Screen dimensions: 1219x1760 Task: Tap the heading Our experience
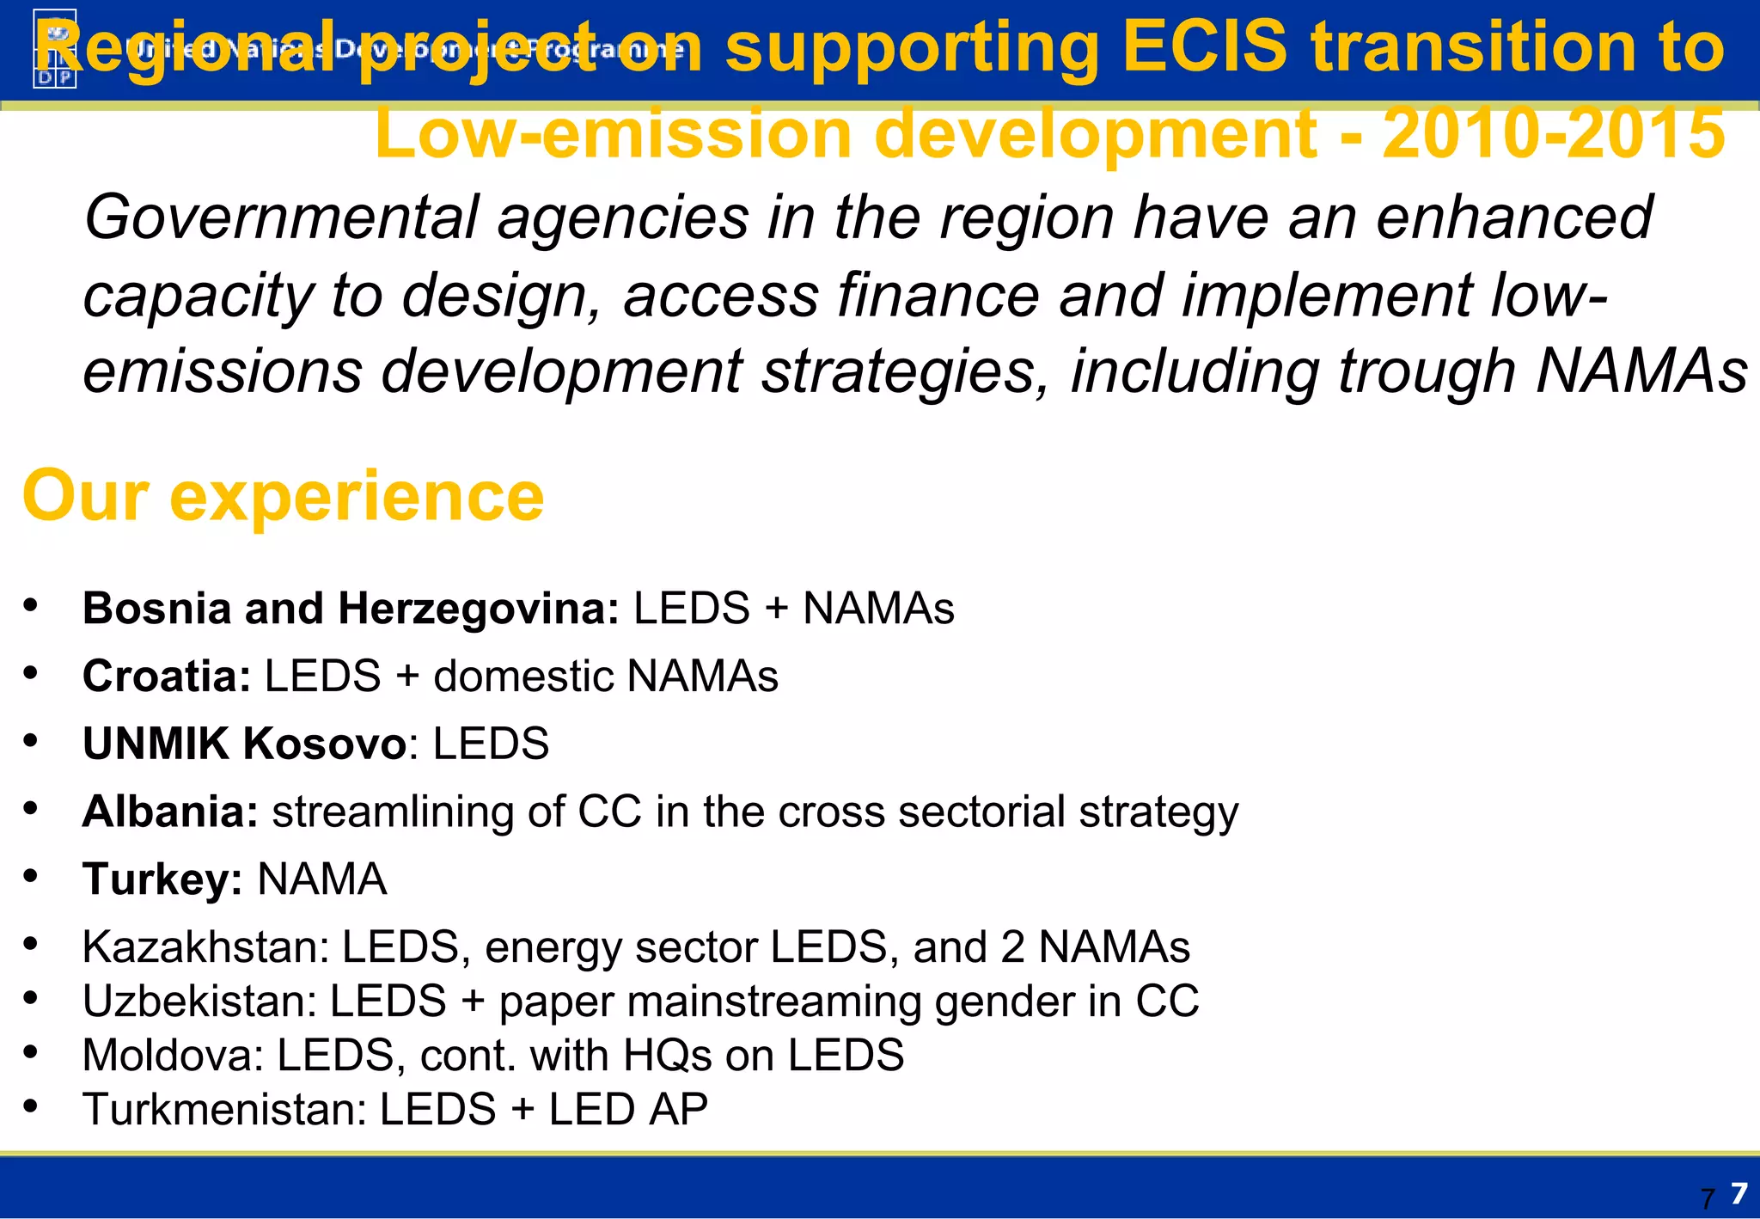tap(284, 496)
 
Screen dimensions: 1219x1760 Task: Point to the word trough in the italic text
tap(1427, 372)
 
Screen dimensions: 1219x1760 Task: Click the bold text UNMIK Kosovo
tap(244, 744)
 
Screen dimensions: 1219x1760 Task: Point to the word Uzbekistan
tap(200, 1002)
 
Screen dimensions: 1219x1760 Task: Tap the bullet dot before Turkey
tap(31, 876)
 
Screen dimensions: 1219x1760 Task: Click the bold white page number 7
tap(1739, 1193)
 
